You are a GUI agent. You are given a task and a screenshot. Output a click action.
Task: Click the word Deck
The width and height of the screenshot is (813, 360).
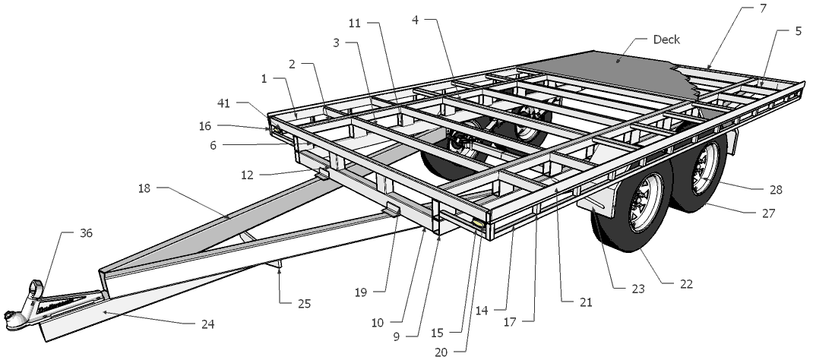666,39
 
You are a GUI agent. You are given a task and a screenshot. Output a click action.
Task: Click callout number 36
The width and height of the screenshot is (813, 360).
86,233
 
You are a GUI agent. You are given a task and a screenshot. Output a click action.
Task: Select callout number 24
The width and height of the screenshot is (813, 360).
207,325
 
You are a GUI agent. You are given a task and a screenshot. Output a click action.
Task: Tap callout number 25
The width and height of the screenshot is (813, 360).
304,304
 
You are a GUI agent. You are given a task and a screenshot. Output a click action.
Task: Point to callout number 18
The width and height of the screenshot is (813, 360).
144,188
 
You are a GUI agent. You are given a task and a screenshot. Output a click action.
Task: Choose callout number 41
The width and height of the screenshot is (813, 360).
223,103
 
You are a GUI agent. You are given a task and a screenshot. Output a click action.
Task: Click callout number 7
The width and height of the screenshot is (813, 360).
763,8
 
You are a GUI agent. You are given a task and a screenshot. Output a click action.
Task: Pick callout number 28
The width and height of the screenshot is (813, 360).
776,190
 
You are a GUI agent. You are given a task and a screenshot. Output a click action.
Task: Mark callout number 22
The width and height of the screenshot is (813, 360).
685,284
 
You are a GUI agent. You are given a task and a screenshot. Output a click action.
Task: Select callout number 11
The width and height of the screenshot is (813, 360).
355,24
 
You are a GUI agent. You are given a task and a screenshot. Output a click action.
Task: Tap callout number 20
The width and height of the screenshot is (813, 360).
441,352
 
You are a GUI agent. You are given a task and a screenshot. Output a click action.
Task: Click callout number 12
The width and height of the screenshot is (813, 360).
247,175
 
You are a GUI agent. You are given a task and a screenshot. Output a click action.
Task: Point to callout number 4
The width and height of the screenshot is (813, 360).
415,21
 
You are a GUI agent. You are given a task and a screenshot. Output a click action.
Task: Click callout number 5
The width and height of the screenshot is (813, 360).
798,31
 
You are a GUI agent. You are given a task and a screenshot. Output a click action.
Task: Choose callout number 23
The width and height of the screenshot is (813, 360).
637,289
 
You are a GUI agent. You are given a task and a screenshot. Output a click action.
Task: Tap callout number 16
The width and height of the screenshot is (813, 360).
206,125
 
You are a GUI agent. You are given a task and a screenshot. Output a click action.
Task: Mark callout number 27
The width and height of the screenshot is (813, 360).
768,213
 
